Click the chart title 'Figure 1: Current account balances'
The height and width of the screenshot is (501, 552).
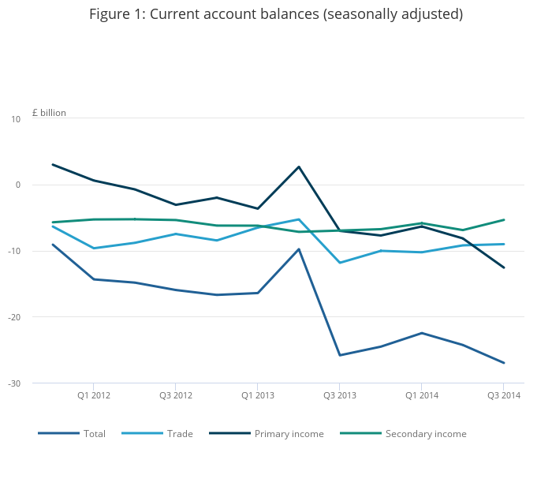[x=275, y=14]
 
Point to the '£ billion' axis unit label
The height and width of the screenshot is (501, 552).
[x=49, y=113]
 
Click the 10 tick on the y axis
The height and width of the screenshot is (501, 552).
[x=16, y=119]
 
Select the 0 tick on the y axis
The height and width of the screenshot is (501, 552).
[x=18, y=185]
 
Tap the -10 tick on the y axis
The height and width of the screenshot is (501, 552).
[x=15, y=251]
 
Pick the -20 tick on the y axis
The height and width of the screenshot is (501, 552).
[x=15, y=317]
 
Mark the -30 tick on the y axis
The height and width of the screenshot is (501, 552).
[x=15, y=383]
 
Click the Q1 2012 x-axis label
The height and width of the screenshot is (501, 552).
[x=94, y=394]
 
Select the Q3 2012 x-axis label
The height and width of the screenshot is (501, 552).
[x=176, y=394]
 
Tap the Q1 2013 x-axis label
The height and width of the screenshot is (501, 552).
[x=258, y=394]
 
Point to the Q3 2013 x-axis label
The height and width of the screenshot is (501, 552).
[x=340, y=394]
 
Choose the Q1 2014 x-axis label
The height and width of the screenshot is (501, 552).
[x=422, y=394]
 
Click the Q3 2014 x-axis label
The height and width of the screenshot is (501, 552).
[x=503, y=394]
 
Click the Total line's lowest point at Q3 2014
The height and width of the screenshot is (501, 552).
[x=504, y=363]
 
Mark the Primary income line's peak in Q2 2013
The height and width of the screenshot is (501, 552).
[x=299, y=166]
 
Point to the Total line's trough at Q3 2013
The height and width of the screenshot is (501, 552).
[x=340, y=355]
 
